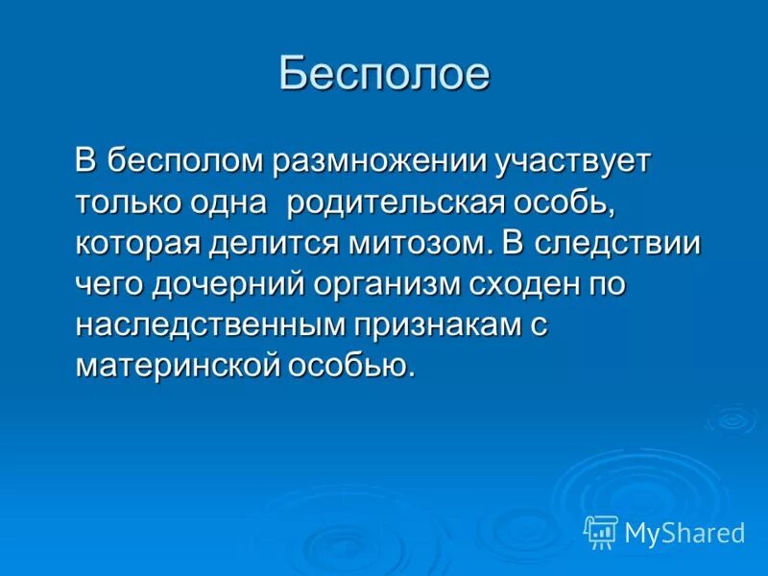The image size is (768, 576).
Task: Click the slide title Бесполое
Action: pyautogui.click(x=384, y=75)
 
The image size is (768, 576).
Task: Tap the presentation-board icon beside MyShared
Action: pyautogui.click(x=601, y=532)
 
